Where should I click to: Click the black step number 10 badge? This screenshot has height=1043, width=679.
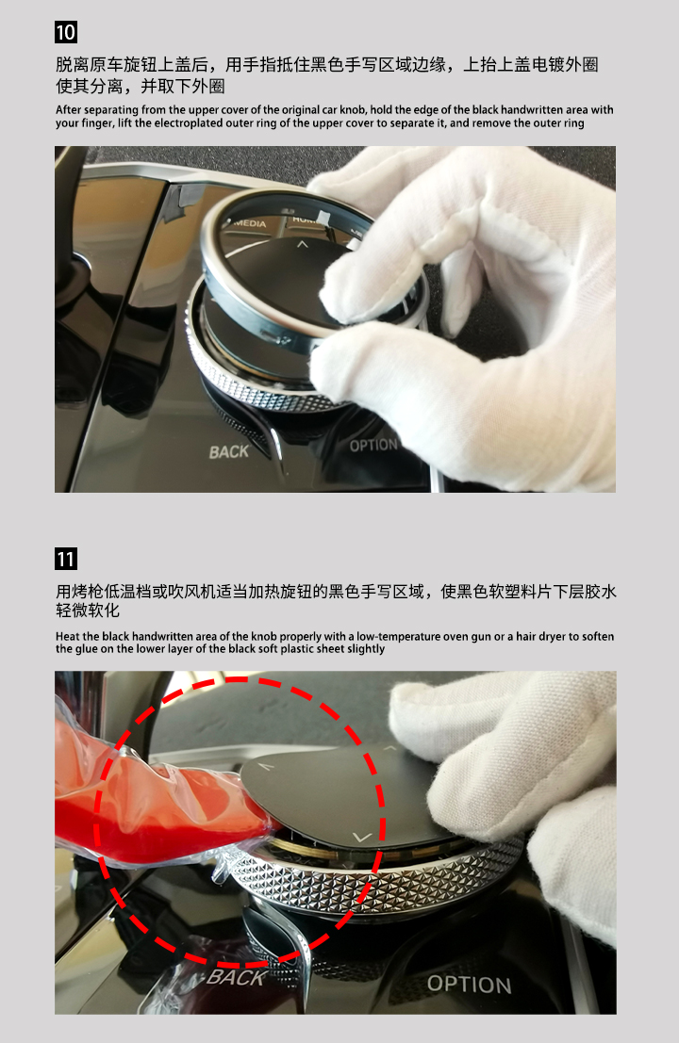[66, 32]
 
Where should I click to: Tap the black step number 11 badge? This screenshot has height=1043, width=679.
[66, 558]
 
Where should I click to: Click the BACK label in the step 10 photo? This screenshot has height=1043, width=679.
[228, 452]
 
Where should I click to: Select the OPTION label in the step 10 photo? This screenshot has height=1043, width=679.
[373, 445]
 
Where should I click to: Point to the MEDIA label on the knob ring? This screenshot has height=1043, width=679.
[250, 223]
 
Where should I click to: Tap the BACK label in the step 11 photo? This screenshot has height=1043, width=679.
[236, 976]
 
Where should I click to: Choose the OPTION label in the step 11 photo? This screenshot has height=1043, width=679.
[470, 984]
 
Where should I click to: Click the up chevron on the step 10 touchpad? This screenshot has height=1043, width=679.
[302, 244]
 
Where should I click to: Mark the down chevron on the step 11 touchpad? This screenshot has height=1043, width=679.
[361, 837]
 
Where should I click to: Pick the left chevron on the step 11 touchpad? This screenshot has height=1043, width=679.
[266, 767]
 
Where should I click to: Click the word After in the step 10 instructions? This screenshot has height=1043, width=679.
[69, 109]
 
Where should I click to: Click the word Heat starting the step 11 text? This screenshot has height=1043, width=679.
[67, 637]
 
